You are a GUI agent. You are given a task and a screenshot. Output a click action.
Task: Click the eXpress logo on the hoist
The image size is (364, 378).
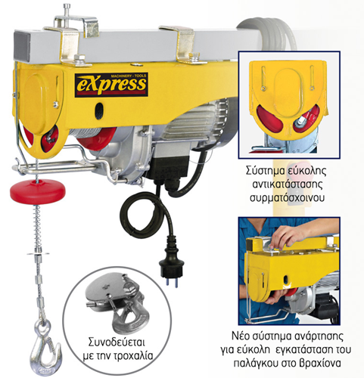111,85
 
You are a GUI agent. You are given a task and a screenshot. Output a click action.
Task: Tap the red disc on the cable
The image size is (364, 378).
38,191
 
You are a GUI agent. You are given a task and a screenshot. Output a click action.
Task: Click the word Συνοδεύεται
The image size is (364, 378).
117,343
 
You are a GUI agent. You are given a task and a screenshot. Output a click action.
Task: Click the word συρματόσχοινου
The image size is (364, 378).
287,198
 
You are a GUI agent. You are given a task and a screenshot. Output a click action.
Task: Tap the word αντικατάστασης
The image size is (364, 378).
288,184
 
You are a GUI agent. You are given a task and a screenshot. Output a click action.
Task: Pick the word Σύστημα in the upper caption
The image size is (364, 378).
265,171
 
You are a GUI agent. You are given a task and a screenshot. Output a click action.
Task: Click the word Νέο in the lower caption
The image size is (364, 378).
240,336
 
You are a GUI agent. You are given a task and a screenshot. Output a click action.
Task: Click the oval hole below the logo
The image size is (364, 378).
98,109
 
